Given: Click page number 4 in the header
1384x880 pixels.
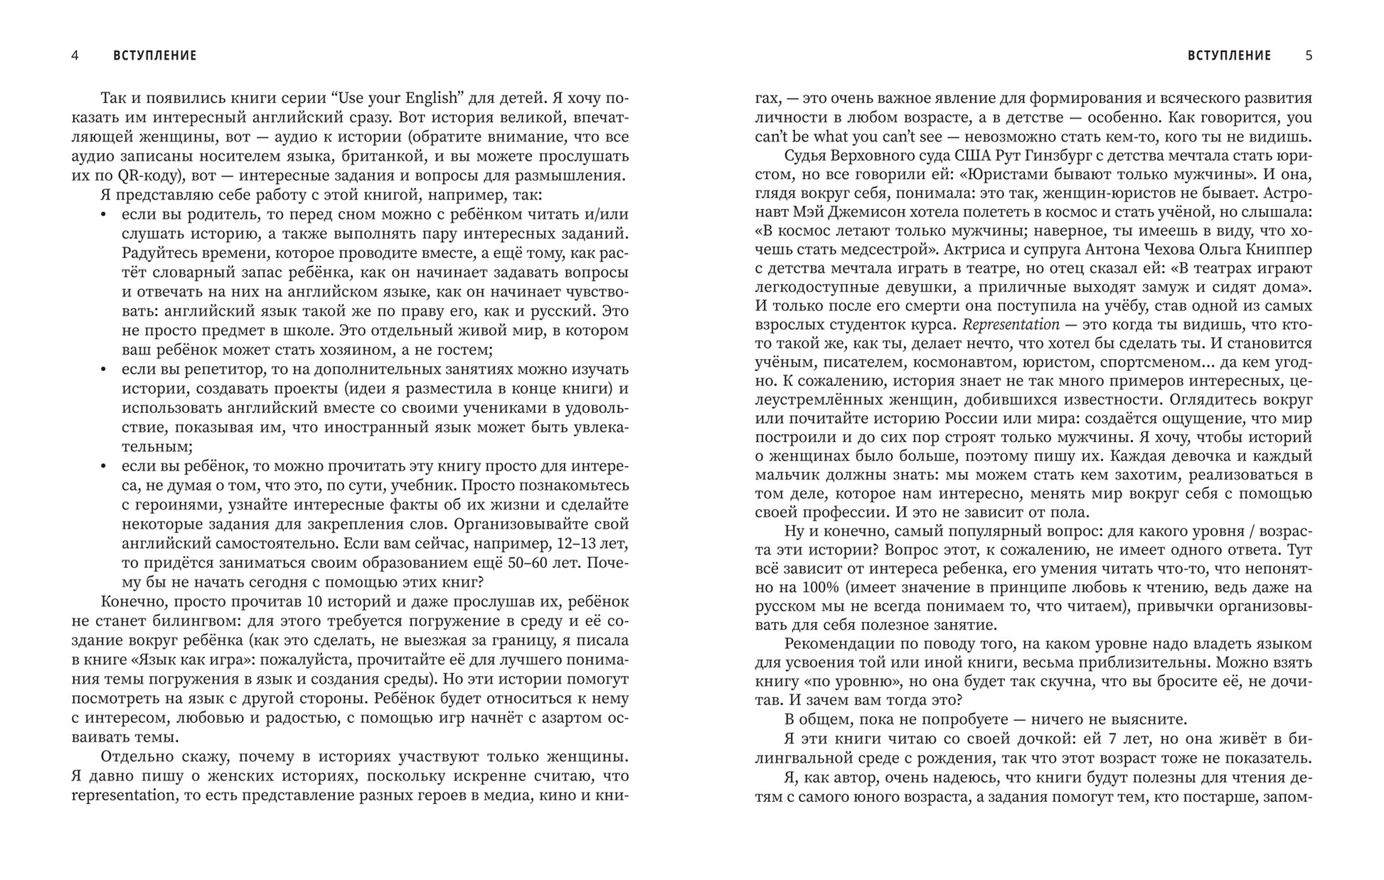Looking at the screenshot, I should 75,55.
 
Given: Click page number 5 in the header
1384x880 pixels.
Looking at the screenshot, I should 1309,55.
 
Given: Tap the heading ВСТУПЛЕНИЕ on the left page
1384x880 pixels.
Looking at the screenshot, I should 155,55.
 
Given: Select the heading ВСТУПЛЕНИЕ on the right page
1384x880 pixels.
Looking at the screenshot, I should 1229,55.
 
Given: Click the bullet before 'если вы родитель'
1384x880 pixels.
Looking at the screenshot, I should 104,215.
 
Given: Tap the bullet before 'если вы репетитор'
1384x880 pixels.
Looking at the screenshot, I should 104,370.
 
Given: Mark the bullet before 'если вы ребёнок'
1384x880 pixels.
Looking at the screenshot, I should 104,467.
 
